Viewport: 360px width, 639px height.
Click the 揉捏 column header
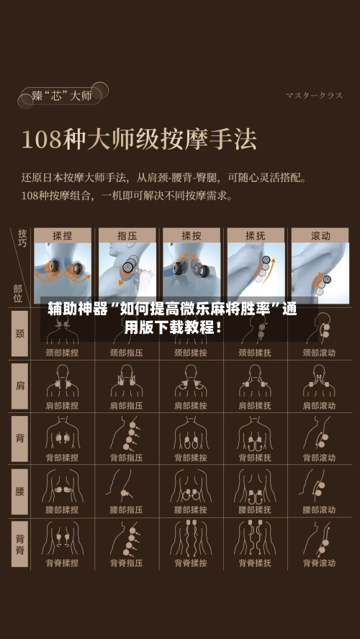pos(63,235)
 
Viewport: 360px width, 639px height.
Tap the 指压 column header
pos(127,235)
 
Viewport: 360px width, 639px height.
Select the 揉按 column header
pos(192,235)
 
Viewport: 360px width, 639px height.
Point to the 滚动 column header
pos(320,235)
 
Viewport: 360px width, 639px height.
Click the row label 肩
pos(19,385)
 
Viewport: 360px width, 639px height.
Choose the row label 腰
pos(19,491)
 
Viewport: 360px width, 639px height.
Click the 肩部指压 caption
pos(127,406)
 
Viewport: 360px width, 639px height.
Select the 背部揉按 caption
pos(192,458)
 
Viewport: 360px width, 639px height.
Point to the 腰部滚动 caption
pos(320,510)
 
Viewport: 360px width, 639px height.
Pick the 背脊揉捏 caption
pos(63,563)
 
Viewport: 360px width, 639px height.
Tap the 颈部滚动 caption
pos(320,353)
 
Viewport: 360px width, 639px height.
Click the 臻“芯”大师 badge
pos(62,95)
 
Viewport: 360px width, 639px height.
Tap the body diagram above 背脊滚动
pos(320,538)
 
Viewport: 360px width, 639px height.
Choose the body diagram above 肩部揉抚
pos(256,381)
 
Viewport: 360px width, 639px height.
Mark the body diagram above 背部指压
pos(127,433)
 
